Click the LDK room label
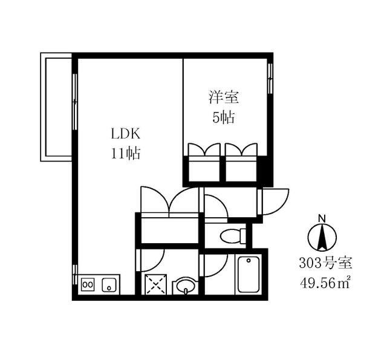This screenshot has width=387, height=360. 126,134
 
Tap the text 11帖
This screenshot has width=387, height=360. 126,153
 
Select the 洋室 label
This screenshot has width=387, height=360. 224,97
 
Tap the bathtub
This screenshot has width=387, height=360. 249,274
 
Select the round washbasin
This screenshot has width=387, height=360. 186,286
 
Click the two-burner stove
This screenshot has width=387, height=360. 88,284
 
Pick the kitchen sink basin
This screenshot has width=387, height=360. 109,285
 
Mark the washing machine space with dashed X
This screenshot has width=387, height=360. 156,284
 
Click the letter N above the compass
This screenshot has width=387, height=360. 322,218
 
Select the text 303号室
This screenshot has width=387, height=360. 325,263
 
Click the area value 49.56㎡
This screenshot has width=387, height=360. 325,283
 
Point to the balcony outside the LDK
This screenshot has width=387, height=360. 56,107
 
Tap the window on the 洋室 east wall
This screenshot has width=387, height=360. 270,79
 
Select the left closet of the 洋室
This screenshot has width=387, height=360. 204,162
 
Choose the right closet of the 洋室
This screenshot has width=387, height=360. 241,162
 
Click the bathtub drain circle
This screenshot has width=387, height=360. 249,261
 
